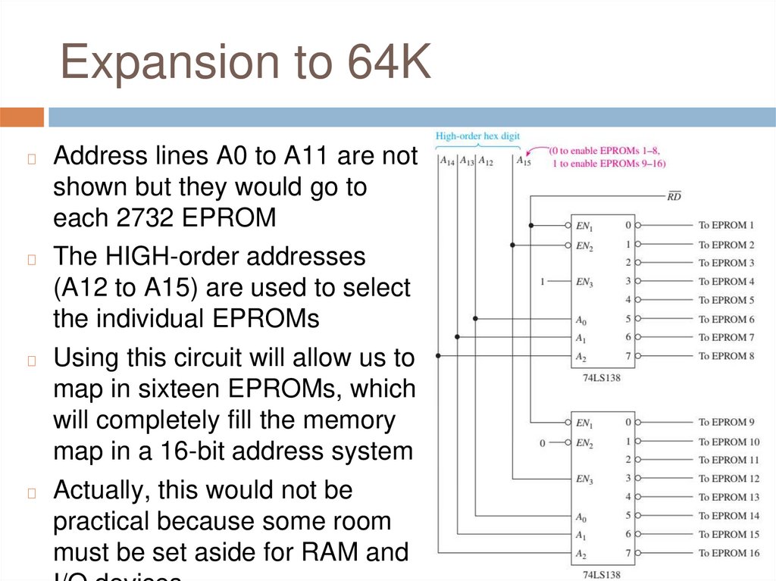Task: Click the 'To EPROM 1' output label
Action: tap(726, 225)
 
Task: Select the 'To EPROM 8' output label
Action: tap(726, 355)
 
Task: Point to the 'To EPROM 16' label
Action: tap(729, 553)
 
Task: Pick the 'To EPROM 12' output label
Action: tap(729, 479)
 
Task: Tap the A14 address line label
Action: tap(446, 161)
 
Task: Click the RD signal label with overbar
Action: tap(673, 197)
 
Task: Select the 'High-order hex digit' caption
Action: tap(477, 136)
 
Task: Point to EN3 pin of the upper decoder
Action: tap(583, 282)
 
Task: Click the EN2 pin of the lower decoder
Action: tap(583, 442)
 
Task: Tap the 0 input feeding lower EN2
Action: tap(542, 442)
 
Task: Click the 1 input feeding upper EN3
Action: tap(542, 282)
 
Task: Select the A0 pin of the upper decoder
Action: tap(580, 320)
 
